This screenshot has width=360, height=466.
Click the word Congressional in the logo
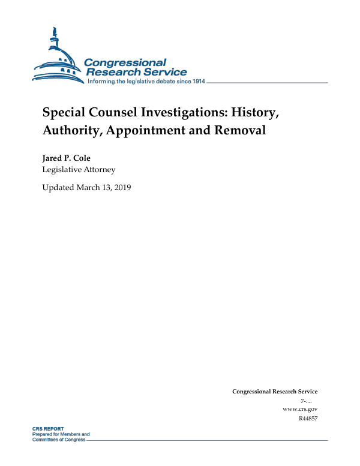125,62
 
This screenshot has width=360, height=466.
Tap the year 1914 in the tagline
196,82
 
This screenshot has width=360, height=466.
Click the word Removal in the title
240,131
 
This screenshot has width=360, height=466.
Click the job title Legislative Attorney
79,170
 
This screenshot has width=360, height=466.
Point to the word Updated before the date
58,188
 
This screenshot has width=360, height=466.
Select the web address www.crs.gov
299,409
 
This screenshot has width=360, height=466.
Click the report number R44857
308,418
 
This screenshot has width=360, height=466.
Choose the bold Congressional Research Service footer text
275,392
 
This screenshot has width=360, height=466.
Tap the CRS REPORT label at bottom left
49,429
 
